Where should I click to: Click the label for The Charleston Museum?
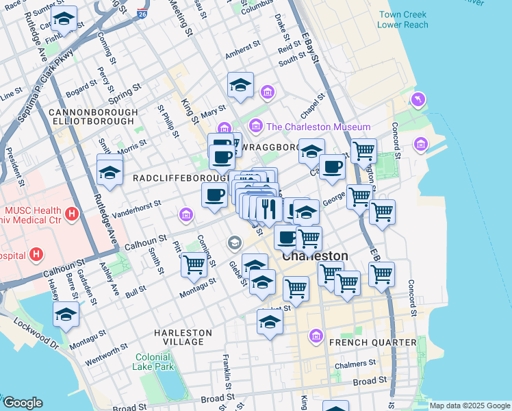pos(318,127)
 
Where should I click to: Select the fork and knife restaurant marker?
pos(269,208)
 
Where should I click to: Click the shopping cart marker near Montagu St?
pos(194,263)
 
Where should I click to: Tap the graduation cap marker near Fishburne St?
pos(64,20)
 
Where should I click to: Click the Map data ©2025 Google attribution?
pos(470,406)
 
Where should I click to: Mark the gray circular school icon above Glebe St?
pos(235,242)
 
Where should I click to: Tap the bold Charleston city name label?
pos(315,256)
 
